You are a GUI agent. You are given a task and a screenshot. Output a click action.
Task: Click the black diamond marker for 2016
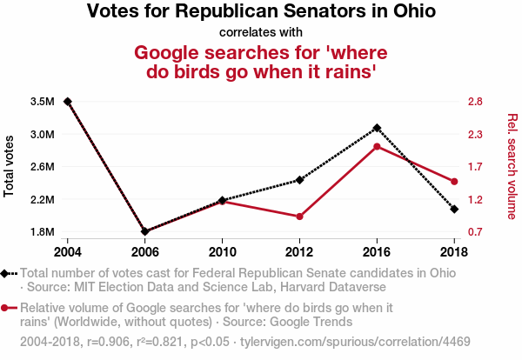click(377, 128)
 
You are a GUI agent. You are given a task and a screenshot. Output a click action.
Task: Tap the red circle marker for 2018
click(454, 181)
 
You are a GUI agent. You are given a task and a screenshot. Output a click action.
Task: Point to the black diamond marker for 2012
click(299, 180)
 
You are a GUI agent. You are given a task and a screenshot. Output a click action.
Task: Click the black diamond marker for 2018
click(454, 210)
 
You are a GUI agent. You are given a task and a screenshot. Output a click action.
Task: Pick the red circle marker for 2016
click(377, 146)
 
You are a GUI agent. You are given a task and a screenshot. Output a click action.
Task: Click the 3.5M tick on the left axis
click(43, 102)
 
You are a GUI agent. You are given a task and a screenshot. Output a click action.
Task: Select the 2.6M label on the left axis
click(43, 167)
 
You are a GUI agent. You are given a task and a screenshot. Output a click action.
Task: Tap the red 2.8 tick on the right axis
click(474, 102)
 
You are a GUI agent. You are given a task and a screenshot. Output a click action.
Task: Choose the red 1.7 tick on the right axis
click(474, 167)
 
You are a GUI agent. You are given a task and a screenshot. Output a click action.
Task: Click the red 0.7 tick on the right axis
click(474, 232)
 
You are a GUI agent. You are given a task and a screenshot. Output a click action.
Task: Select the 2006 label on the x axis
click(144, 251)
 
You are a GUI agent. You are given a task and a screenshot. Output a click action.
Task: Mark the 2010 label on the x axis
click(222, 251)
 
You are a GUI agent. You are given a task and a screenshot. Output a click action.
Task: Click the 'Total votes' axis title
click(10, 166)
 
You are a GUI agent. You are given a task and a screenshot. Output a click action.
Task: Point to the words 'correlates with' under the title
click(261, 33)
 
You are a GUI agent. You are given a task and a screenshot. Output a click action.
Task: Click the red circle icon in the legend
click(7, 308)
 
